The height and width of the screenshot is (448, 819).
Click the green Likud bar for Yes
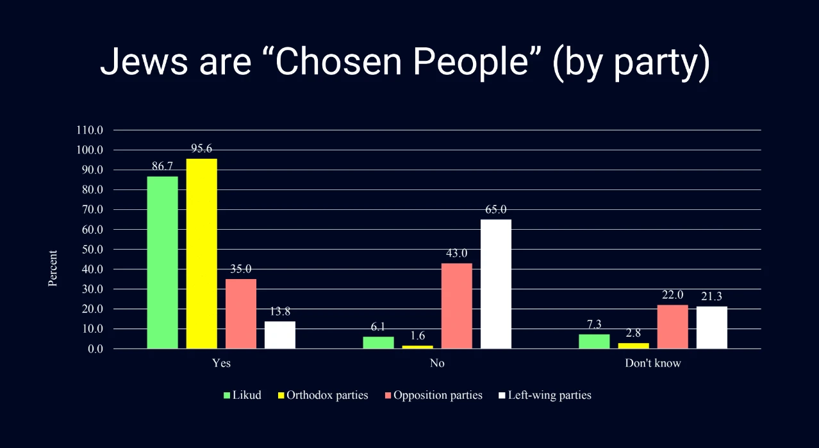pyautogui.click(x=162, y=262)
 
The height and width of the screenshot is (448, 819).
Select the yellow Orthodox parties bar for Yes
pyautogui.click(x=201, y=253)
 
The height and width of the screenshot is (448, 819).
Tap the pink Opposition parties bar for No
pyautogui.click(x=456, y=306)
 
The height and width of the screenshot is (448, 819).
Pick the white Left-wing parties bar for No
pyautogui.click(x=496, y=284)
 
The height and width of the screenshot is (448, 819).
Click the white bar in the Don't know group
pyautogui.click(x=711, y=328)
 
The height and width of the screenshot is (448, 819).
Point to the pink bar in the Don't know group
pyautogui.click(x=672, y=326)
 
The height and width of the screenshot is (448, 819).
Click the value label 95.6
pyautogui.click(x=201, y=148)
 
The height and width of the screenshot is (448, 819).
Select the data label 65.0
pyautogui.click(x=496, y=209)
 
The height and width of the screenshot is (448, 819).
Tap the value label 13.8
pyautogui.click(x=280, y=312)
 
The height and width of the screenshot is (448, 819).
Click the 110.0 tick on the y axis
pyautogui.click(x=90, y=130)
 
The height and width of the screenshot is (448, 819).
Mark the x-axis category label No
pyautogui.click(x=438, y=364)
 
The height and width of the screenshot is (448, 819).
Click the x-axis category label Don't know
pyautogui.click(x=653, y=364)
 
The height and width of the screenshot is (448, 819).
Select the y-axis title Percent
pyautogui.click(x=53, y=268)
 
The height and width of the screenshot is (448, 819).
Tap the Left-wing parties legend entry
pyautogui.click(x=549, y=395)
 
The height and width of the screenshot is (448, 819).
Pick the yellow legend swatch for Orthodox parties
pyautogui.click(x=281, y=396)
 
